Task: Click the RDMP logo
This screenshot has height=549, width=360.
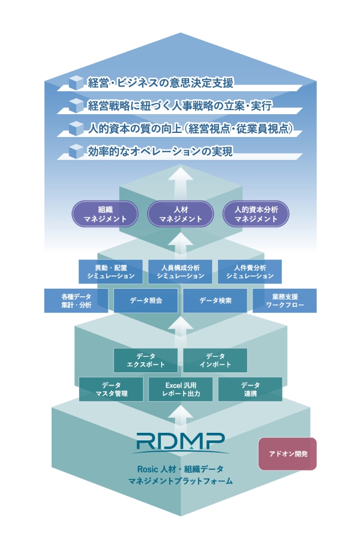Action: tap(180, 442)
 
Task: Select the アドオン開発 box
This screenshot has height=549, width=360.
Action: tap(287, 454)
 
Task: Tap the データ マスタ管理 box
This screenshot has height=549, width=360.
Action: tap(111, 389)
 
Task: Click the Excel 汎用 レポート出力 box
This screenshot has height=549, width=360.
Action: tap(181, 389)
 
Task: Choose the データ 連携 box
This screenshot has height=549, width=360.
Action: tap(250, 389)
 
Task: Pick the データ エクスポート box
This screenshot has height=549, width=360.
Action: tap(146, 360)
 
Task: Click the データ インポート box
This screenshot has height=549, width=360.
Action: tap(215, 360)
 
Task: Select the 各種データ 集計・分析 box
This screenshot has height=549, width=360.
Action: tap(76, 300)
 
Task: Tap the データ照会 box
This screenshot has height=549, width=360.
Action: tap(146, 300)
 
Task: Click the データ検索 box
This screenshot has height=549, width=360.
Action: tap(215, 300)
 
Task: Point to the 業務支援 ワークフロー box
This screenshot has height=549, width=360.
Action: tap(284, 300)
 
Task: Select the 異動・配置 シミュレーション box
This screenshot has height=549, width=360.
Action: tap(111, 271)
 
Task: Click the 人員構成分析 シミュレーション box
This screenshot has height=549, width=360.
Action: tap(180, 271)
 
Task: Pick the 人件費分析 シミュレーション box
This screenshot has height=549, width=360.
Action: tap(249, 271)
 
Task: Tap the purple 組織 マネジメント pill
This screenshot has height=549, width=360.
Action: tap(105, 214)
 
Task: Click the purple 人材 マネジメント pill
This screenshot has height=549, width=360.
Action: tap(180, 214)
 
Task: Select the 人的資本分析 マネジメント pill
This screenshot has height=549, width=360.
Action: tap(256, 214)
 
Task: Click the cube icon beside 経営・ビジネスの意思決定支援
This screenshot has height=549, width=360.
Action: tap(76, 82)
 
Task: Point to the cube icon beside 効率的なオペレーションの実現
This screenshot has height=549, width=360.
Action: tap(76, 151)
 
